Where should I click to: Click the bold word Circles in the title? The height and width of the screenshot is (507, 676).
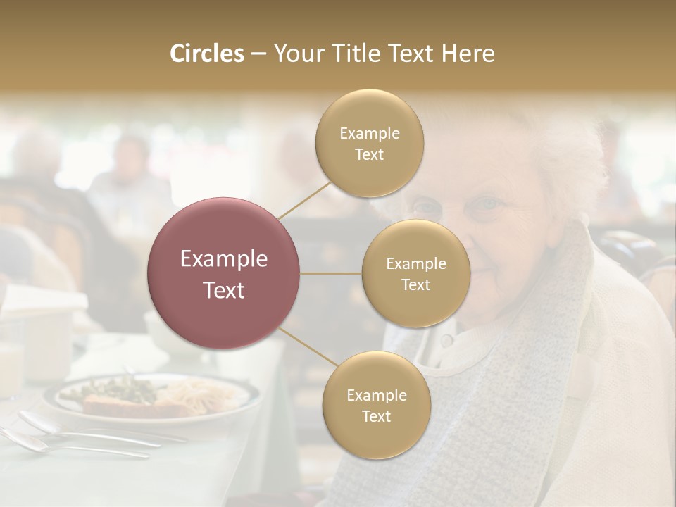206,54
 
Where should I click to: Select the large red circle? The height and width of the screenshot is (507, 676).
224,273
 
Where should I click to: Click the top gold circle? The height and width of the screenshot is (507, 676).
370,144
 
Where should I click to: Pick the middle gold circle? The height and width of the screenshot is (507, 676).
416,274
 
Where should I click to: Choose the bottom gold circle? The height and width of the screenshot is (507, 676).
376,406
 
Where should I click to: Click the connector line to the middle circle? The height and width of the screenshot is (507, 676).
331,273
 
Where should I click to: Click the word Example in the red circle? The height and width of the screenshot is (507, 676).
224,259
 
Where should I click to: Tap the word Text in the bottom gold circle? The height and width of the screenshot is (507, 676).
376,416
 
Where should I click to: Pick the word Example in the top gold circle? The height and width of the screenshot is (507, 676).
370,134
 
